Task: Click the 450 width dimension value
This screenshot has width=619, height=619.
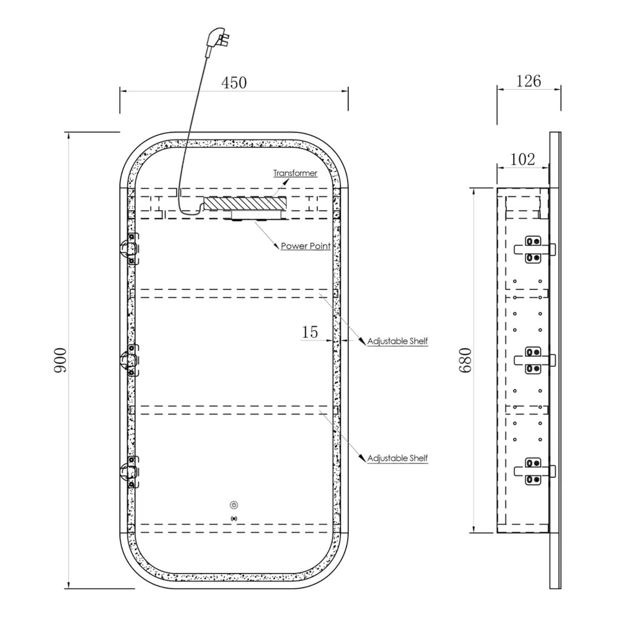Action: pyautogui.click(x=234, y=83)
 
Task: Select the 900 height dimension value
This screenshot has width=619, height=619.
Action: pyautogui.click(x=60, y=360)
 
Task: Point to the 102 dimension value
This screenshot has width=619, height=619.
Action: pyautogui.click(x=523, y=159)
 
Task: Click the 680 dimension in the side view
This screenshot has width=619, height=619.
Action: pyautogui.click(x=465, y=360)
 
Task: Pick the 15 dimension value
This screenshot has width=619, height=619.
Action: pyautogui.click(x=309, y=332)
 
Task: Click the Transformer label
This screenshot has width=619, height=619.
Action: pyautogui.click(x=295, y=173)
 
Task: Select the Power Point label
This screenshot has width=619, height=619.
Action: pyautogui.click(x=305, y=246)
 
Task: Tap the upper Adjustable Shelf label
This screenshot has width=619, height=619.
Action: pyautogui.click(x=397, y=341)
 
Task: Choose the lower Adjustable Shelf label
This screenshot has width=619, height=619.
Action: pyautogui.click(x=397, y=458)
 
